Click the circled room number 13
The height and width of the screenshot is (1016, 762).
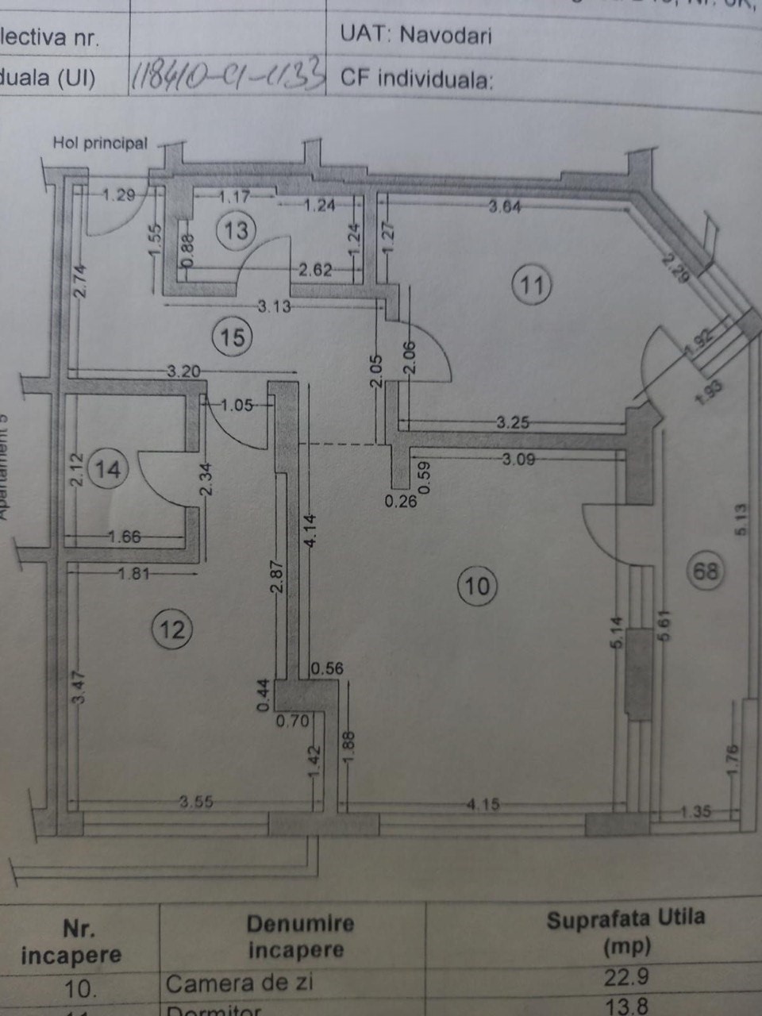[236, 230]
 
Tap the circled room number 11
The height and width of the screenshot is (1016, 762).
[531, 284]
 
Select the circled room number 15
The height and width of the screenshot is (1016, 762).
[232, 337]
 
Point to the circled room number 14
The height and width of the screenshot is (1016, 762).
[107, 468]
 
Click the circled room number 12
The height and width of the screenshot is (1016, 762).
[171, 629]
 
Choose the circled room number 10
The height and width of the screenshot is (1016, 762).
[477, 586]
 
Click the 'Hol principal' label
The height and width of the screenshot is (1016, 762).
[100, 143]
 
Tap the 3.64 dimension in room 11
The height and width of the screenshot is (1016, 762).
[505, 206]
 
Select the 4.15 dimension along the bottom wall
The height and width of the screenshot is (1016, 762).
[483, 804]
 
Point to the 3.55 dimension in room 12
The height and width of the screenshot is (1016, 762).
[195, 802]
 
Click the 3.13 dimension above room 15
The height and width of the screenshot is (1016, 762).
[274, 306]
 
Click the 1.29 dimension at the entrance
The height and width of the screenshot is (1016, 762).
[119, 194]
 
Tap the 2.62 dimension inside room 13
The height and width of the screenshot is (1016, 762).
[315, 270]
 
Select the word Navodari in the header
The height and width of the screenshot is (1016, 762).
[445, 34]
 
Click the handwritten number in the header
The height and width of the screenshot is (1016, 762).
[228, 76]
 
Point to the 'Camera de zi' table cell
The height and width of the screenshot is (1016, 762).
[239, 983]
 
